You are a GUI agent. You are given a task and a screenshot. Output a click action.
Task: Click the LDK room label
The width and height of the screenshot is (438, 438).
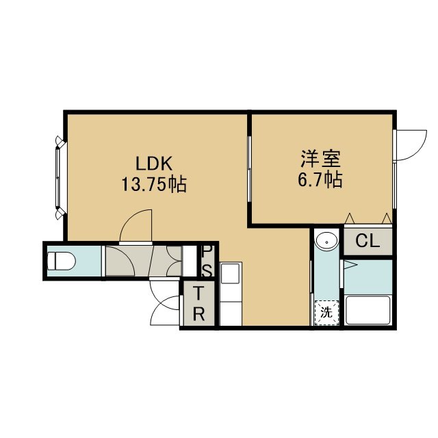pyautogui.click(x=153, y=164)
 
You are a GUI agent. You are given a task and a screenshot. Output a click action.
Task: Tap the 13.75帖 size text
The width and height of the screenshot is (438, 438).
pyautogui.click(x=153, y=184)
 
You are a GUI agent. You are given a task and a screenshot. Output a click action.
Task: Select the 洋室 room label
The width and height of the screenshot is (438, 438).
pyautogui.click(x=320, y=159)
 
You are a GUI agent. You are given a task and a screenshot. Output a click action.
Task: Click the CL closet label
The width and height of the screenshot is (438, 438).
pyautogui.click(x=368, y=241)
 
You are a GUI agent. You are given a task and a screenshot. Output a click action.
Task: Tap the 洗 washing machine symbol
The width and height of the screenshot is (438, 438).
pyautogui.click(x=326, y=313)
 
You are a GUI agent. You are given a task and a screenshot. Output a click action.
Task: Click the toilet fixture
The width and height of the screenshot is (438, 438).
pyautogui.click(x=61, y=261)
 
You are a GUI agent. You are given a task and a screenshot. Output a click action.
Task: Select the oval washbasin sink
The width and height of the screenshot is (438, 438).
pyautogui.click(x=326, y=240)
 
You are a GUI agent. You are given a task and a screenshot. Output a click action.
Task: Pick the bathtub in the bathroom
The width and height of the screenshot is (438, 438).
pyautogui.click(x=368, y=310)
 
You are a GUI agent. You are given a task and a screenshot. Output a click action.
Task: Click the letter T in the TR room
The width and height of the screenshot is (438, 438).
pyautogui.click(x=198, y=294)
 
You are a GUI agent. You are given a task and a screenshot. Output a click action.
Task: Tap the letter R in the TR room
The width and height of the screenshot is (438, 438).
pyautogui.click(x=198, y=314)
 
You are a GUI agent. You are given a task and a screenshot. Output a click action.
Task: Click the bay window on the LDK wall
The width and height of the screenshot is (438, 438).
pyautogui.click(x=60, y=178)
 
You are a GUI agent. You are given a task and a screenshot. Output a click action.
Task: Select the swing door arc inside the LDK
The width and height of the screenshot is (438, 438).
pyautogui.click(x=136, y=225)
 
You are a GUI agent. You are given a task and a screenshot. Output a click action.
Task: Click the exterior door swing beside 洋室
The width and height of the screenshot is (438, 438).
pyautogui.click(x=411, y=145)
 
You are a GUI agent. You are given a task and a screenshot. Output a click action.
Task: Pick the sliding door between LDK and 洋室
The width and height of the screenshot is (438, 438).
pyautogui.click(x=249, y=169)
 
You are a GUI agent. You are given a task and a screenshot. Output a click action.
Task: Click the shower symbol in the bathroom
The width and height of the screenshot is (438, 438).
pyautogui.click(x=350, y=265)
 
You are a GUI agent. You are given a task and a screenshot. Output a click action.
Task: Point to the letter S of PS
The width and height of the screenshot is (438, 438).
pyautogui.click(x=208, y=270)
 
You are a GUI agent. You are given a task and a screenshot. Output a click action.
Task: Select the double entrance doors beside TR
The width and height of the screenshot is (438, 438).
pyautogui.click(x=165, y=302)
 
